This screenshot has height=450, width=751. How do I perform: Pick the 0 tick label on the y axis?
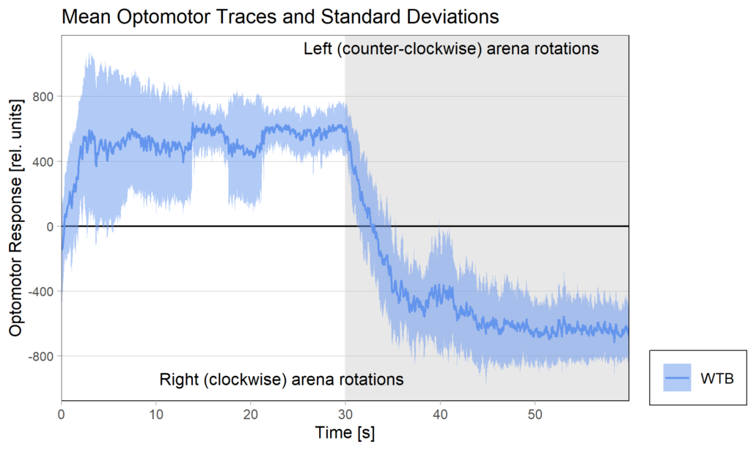51,226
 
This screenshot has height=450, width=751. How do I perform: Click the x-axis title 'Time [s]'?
345,432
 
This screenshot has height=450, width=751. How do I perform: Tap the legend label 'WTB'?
717,378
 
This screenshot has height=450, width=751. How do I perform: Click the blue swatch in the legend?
677,378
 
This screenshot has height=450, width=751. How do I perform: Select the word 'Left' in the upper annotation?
318,49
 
